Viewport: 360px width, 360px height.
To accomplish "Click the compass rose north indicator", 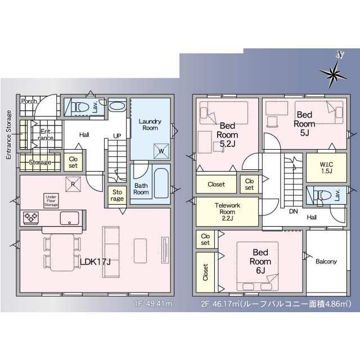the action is [x=335, y=71].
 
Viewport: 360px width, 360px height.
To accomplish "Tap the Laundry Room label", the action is [x=150, y=125].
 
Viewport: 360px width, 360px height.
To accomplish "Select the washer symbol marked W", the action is [x=161, y=151].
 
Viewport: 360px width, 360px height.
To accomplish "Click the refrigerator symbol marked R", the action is [x=73, y=184].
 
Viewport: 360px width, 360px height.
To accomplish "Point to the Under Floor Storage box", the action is [x=51, y=201].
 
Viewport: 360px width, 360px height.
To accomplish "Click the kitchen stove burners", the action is [x=31, y=218].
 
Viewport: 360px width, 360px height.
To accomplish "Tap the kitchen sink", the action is [x=69, y=218].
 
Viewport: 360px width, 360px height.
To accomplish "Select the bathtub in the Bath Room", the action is [x=161, y=183].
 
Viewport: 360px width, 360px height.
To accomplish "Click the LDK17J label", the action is [x=95, y=262].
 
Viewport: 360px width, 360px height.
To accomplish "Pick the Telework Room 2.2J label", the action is [x=227, y=211].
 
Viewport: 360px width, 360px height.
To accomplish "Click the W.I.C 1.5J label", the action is [x=326, y=168].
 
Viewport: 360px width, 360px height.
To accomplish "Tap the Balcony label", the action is [x=326, y=261].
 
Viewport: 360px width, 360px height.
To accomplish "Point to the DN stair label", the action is [x=294, y=211].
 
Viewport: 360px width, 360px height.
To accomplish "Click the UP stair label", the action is [x=117, y=136].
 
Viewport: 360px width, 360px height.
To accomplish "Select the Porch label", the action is [x=29, y=101].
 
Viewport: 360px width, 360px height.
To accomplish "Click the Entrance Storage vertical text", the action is [x=9, y=135].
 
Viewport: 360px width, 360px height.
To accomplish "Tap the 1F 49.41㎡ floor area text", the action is [x=154, y=304].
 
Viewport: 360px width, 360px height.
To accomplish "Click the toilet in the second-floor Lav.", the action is [x=322, y=195].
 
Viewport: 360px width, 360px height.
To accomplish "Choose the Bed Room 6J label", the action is [x=260, y=262].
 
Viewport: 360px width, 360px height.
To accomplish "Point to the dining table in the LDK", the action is [x=62, y=253].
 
